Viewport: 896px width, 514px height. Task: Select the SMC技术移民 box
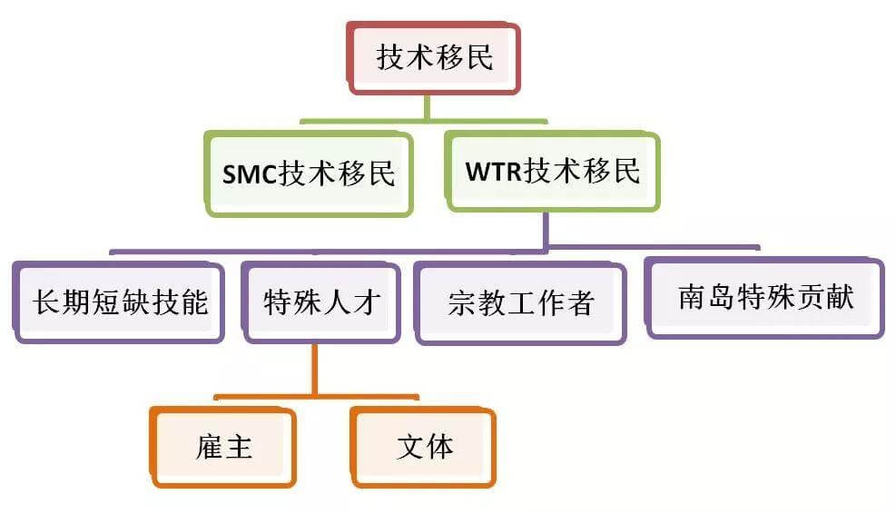309,173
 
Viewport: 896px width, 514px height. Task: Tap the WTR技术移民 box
551,171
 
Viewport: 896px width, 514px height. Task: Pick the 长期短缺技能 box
119,301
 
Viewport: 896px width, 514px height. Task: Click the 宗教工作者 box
520,302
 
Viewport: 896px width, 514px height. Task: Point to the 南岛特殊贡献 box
764,298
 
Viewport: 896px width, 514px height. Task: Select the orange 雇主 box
223,447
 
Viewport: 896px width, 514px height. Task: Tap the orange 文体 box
424,447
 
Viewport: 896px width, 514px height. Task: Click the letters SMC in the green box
250,173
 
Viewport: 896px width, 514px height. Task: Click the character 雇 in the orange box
209,448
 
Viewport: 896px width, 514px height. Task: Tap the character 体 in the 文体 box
439,447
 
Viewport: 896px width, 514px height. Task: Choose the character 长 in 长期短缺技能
46,302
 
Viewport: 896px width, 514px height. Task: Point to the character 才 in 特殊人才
365,301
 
